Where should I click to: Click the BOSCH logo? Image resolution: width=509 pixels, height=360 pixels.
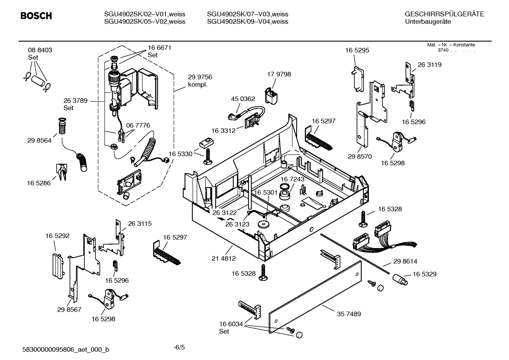coord(36,16)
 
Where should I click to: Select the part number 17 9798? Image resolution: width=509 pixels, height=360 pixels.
coord(279,74)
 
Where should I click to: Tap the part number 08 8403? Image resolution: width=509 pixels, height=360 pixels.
coord(40,50)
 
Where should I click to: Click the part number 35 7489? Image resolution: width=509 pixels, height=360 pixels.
coord(349,314)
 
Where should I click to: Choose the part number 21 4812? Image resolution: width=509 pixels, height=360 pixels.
coord(223,259)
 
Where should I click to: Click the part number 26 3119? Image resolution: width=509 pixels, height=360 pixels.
coord(429,65)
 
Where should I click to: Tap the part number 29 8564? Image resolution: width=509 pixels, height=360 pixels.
coord(39,141)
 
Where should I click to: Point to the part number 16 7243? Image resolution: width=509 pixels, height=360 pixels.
coord(292,179)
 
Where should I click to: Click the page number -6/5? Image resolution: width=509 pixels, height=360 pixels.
coord(179,347)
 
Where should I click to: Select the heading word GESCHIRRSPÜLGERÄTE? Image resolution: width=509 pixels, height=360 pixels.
coord(444,14)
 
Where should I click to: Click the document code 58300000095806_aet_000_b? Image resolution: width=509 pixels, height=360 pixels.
coord(66,350)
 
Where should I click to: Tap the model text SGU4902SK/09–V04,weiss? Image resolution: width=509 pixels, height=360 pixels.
coord(247,22)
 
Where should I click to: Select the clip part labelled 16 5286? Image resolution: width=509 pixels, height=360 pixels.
coord(61,171)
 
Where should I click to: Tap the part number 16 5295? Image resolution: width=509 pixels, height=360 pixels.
coord(357,50)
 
